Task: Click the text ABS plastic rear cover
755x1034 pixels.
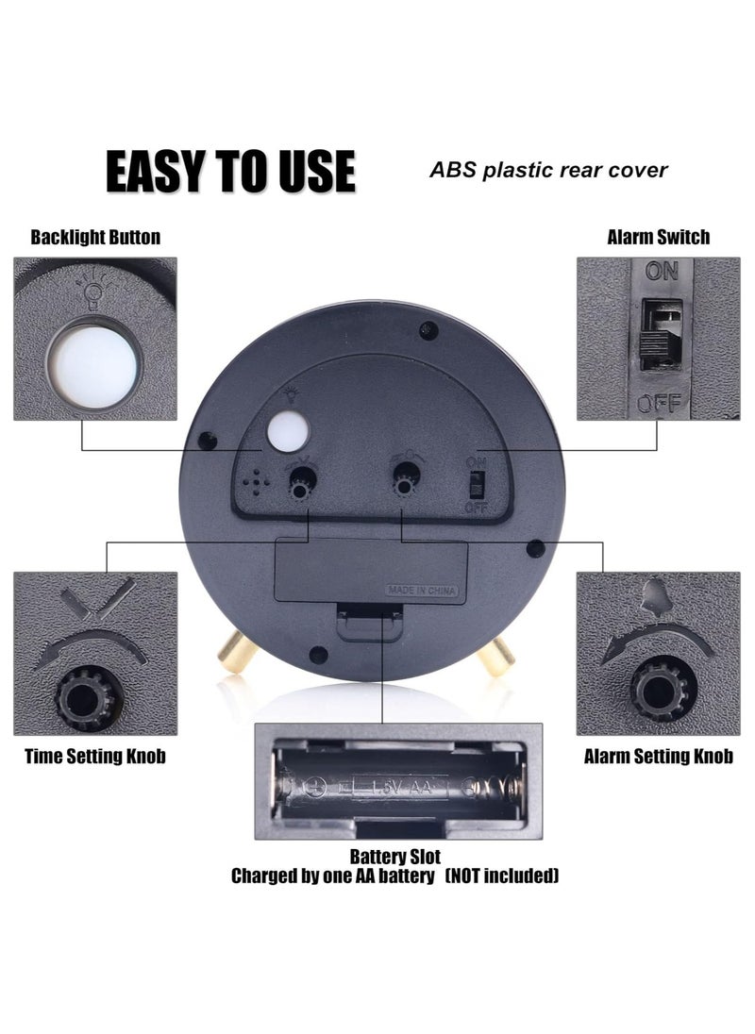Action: tap(548, 170)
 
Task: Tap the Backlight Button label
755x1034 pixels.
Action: tap(95, 237)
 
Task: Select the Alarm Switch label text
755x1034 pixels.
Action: tap(658, 237)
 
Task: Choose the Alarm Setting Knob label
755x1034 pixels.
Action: tap(658, 756)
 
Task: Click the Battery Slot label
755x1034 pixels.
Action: tap(394, 857)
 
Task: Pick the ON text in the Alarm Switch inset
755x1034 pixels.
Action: tap(662, 272)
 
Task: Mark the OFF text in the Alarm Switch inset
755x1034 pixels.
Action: tap(658, 404)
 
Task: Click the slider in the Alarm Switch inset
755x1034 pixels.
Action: tap(660, 336)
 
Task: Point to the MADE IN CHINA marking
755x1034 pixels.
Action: tap(422, 592)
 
